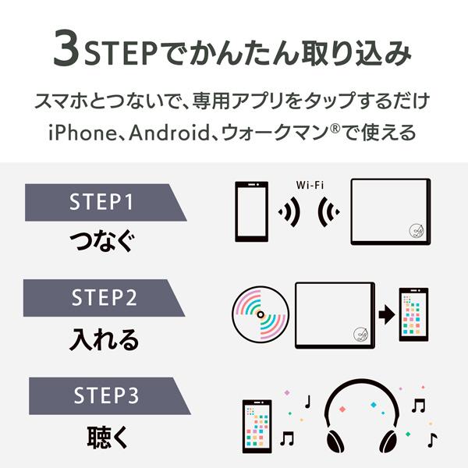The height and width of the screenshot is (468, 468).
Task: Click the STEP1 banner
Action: [x=101, y=203]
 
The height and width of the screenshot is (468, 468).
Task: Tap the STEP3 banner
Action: [x=101, y=396]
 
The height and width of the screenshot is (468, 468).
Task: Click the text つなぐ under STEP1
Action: [x=101, y=241]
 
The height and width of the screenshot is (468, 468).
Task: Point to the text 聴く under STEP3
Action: [x=101, y=435]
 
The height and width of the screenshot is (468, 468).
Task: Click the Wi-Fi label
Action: [x=310, y=186]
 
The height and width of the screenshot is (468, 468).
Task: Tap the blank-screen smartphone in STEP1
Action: [x=251, y=213]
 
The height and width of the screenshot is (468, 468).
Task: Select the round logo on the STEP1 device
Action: [x=415, y=230]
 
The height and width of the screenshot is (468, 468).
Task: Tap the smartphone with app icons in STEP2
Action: [x=413, y=314]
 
